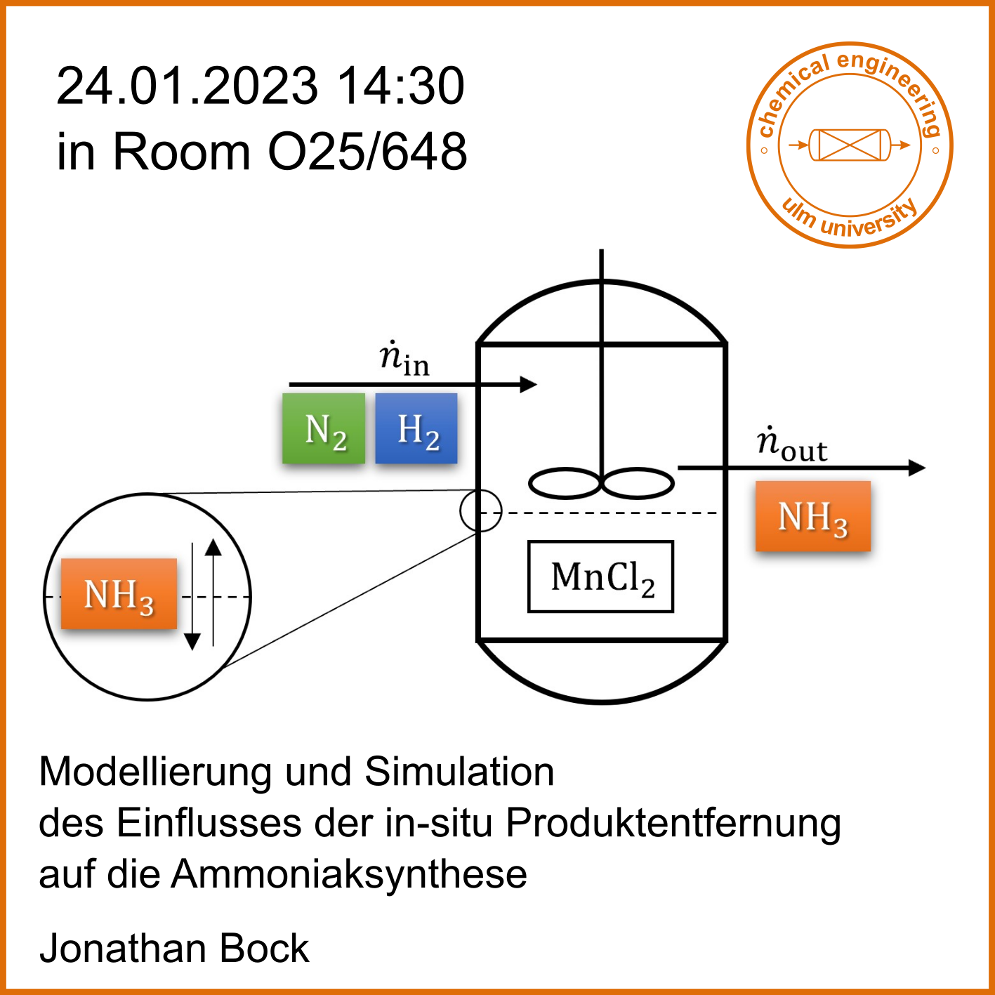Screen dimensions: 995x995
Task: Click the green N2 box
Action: (324, 428)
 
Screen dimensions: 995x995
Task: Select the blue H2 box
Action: (416, 428)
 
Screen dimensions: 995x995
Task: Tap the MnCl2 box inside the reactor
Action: (600, 576)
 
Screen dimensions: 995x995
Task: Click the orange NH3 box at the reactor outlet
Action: (812, 516)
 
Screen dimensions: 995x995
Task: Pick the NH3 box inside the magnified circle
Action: (119, 594)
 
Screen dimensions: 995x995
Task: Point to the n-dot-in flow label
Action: (404, 358)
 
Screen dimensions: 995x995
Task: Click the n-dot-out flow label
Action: (792, 444)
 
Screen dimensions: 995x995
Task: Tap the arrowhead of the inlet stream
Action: (528, 384)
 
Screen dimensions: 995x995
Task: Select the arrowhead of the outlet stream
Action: (916, 468)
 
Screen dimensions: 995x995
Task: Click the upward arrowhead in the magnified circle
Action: (213, 547)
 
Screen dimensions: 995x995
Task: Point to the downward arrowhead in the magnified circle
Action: (192, 642)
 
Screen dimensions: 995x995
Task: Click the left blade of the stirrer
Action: (565, 483)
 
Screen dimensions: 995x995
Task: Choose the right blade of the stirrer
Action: (638, 483)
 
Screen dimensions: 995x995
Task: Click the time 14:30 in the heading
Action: (401, 86)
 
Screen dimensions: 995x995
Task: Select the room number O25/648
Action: (368, 152)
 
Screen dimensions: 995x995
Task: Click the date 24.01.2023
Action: (187, 86)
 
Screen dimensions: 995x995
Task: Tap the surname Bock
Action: (264, 949)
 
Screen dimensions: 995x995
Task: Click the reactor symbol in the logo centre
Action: (850, 145)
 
